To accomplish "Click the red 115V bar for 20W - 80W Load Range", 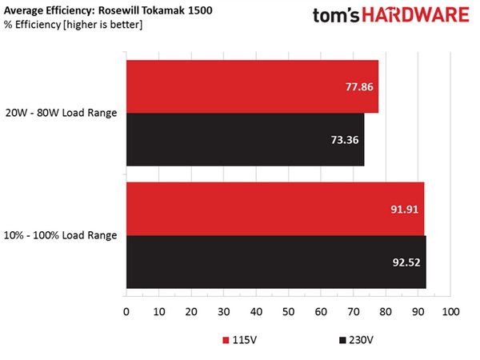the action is tap(253, 86).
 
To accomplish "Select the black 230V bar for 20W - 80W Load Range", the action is tap(246, 139).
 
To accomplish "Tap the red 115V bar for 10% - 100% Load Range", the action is tap(275, 209).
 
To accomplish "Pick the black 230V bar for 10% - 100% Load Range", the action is tap(277, 262).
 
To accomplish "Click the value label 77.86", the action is tap(359, 87).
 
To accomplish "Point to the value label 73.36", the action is tap(345, 140).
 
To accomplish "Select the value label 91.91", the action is tap(404, 210).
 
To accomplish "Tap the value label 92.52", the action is tap(406, 262).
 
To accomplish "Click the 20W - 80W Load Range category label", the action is tap(62, 113).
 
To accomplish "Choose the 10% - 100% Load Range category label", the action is tap(60, 235).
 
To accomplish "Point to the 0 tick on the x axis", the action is tap(126, 312).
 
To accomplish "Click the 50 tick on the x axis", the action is tap(288, 312).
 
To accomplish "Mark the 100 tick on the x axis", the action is tap(450, 312).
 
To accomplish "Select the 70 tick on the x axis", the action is tap(354, 312).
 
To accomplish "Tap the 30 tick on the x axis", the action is tap(223, 312).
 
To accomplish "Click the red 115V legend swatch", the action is tap(226, 340).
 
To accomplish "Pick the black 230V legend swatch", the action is tap(342, 340).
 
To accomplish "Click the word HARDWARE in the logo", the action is tap(416, 15).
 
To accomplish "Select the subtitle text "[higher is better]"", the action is tap(103, 25).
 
